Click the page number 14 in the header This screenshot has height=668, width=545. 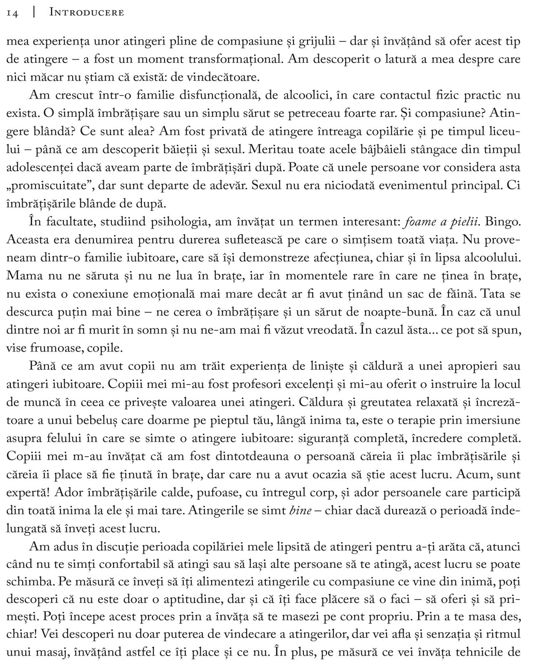pyautogui.click(x=13, y=13)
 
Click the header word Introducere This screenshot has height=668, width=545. pyautogui.click(x=86, y=13)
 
